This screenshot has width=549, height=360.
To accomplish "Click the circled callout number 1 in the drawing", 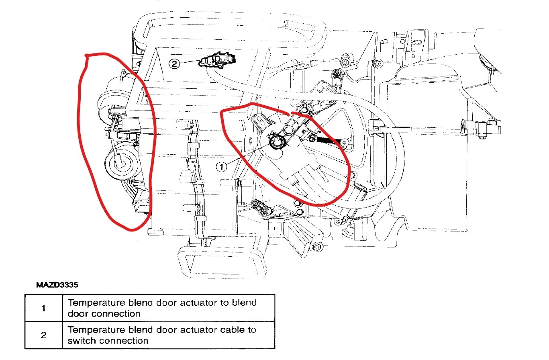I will [x=222, y=166].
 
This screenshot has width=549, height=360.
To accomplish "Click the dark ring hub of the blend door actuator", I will [x=276, y=142].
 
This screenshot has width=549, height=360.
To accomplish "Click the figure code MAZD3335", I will [x=57, y=285].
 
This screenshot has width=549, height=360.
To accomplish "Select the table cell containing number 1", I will [x=44, y=308].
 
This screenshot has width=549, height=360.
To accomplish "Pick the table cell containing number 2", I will [x=44, y=335].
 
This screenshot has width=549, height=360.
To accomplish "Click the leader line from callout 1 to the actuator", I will [x=249, y=154].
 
